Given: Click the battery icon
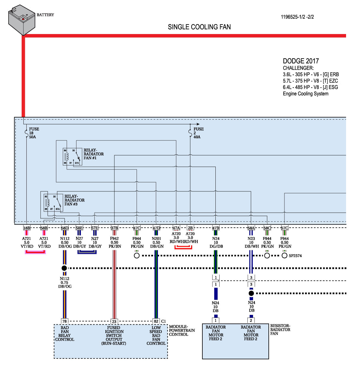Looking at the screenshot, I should pyautogui.click(x=22, y=20).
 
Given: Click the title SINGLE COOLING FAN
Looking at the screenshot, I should pyautogui.click(x=199, y=27).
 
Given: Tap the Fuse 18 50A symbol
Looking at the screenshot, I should pyautogui.click(x=27, y=133).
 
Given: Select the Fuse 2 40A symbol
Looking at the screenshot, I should pyautogui.click(x=190, y=133).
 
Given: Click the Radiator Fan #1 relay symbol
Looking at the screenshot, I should pyautogui.click(x=72, y=157).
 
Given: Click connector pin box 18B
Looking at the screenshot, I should pyautogui.click(x=27, y=228).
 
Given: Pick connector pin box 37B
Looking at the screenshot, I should pyautogui.click(x=114, y=228).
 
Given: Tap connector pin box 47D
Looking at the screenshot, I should pyautogui.click(x=156, y=228).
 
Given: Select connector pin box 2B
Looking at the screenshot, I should pyautogui.click(x=190, y=228).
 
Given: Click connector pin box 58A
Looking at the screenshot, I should pyautogui.click(x=251, y=228).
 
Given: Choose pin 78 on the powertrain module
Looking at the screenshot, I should pyautogui.click(x=64, y=321).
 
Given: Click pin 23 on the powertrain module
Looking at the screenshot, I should pyautogui.click(x=114, y=321).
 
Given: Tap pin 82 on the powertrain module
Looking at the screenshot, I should pyautogui.click(x=156, y=321).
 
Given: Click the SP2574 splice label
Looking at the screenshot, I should pyautogui.click(x=295, y=256).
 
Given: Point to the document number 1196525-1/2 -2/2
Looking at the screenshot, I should pyautogui.click(x=297, y=17).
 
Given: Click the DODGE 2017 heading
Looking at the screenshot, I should pyautogui.click(x=301, y=61).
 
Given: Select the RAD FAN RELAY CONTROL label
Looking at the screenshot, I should pyautogui.click(x=65, y=334).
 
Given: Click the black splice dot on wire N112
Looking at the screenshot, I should pyautogui.click(x=64, y=268).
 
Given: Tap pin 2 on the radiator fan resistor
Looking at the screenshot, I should pyautogui.click(x=251, y=320).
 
